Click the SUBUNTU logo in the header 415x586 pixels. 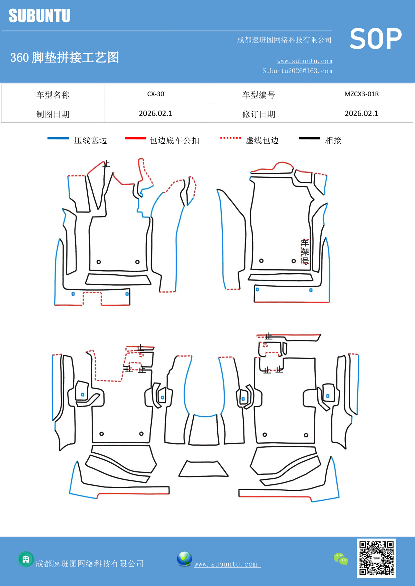(x=39, y=16)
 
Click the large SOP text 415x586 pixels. (x=375, y=39)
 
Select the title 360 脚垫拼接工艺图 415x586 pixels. (x=65, y=57)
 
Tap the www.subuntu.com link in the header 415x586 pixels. (x=304, y=61)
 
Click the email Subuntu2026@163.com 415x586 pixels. (x=297, y=71)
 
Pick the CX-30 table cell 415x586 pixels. (x=155, y=94)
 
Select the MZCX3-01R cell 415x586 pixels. (x=361, y=94)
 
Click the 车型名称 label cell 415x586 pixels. (x=53, y=95)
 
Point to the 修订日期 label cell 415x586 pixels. (x=258, y=114)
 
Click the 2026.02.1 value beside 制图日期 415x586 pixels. (x=155, y=114)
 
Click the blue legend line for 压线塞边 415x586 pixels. (x=58, y=138)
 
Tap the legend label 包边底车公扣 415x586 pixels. (x=174, y=140)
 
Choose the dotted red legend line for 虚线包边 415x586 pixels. (x=230, y=138)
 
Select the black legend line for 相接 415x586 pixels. (x=309, y=138)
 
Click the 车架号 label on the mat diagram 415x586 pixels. (x=305, y=252)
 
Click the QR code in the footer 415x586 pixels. (x=376, y=558)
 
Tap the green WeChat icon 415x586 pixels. (x=341, y=559)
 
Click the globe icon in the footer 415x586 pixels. (x=184, y=559)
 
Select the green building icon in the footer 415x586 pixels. (x=26, y=559)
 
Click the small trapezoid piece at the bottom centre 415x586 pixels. (x=203, y=469)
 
